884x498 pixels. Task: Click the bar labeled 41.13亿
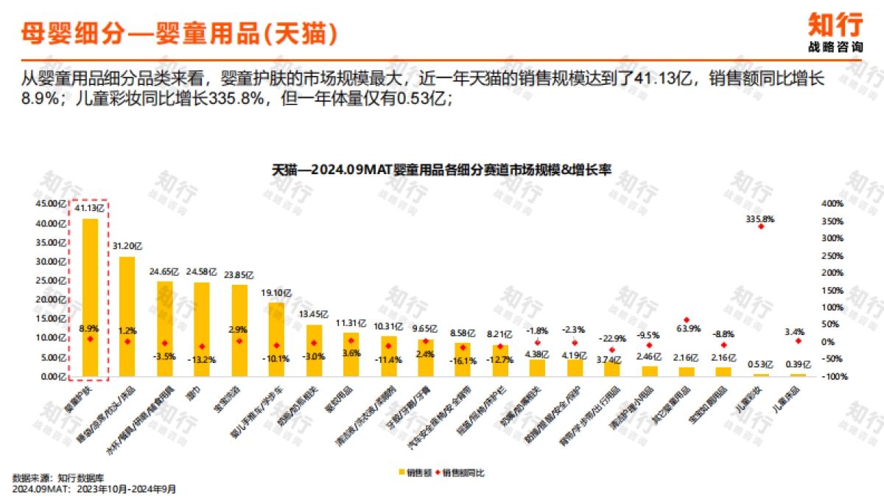click(90, 295)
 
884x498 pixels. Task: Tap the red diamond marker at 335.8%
click(761, 226)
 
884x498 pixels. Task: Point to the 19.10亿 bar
click(276, 339)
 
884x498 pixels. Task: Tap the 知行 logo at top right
click(835, 31)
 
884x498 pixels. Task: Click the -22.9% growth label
click(611, 338)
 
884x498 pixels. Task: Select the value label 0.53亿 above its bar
click(761, 364)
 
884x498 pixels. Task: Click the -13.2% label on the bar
click(202, 359)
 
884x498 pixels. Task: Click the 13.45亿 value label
click(314, 314)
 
